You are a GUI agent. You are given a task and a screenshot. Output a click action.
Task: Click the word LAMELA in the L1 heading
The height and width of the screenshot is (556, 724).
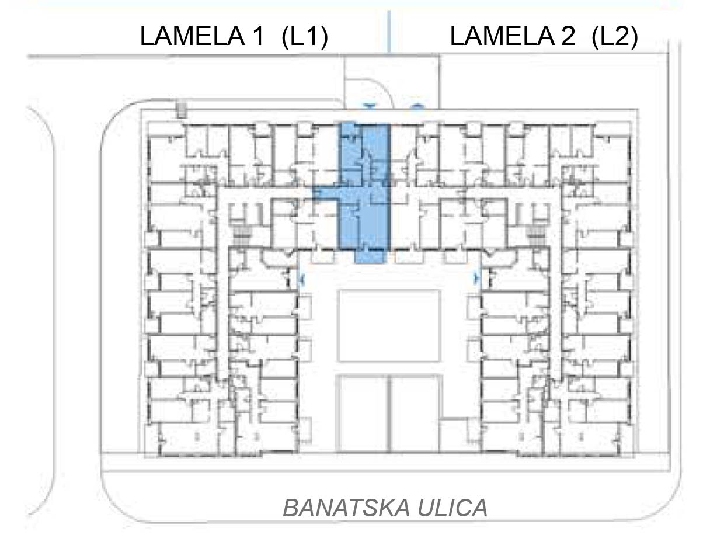[x=192, y=36]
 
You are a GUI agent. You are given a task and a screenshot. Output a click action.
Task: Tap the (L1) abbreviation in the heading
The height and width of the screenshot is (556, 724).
[x=305, y=37]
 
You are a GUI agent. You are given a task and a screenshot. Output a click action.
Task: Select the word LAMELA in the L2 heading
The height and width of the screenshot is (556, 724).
[x=503, y=36]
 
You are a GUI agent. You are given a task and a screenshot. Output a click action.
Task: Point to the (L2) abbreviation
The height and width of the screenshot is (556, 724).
[x=615, y=37]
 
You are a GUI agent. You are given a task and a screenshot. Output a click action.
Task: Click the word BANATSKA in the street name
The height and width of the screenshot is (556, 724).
[x=346, y=508]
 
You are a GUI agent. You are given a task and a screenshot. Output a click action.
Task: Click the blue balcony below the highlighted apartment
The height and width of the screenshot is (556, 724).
[x=371, y=257]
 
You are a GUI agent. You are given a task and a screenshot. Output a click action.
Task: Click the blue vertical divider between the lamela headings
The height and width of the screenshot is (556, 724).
[x=389, y=32]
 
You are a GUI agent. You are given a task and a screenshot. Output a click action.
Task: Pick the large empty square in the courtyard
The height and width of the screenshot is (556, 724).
[x=389, y=325]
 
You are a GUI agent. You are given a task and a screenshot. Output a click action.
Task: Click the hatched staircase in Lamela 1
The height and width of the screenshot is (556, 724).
[x=242, y=236]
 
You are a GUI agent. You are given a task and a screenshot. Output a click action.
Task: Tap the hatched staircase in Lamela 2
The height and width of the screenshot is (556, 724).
[x=536, y=236]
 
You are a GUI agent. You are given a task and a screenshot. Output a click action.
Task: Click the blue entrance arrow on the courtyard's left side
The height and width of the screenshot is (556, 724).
[x=302, y=279]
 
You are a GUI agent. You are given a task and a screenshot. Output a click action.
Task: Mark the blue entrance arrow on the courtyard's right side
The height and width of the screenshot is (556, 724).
[x=476, y=277]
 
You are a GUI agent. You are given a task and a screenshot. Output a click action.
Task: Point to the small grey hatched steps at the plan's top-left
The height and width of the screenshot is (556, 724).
[x=181, y=110]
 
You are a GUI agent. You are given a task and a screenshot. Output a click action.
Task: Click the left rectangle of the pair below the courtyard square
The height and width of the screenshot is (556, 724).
[x=363, y=414]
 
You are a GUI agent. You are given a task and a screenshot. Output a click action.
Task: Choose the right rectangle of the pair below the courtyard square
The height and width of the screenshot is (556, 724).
[x=416, y=414]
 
